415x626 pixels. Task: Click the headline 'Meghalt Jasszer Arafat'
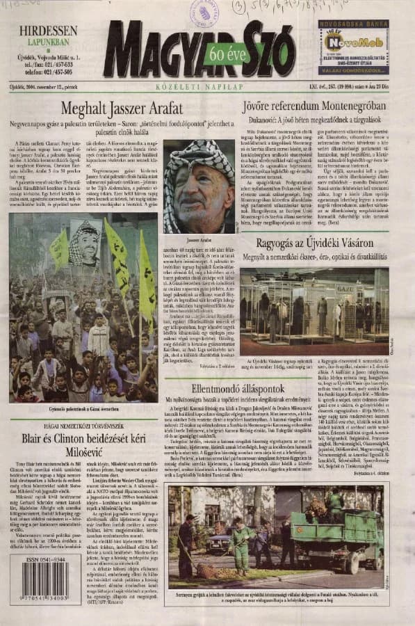(x=122, y=108)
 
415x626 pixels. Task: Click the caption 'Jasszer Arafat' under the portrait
(x=199, y=239)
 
